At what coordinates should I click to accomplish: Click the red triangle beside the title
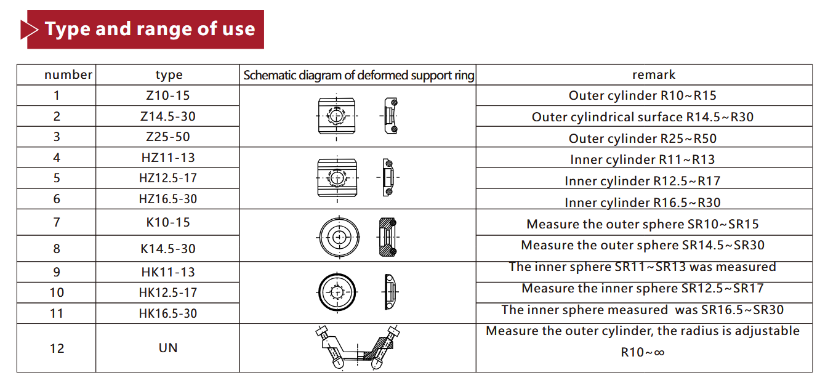[28, 30]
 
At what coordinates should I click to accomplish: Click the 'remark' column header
[654, 75]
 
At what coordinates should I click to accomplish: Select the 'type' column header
[169, 75]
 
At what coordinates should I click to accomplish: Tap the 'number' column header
[68, 75]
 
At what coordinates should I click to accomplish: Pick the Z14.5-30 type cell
[168, 116]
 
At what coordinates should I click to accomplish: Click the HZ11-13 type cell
[168, 158]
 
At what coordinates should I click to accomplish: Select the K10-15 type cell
[168, 222]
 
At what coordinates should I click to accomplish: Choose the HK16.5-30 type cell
[168, 313]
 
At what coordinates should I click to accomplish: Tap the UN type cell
[168, 348]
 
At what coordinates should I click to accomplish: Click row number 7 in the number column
[57, 222]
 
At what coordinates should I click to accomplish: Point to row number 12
[57, 349]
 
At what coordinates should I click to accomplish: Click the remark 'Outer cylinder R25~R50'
[643, 139]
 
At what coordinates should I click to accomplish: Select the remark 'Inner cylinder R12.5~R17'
[643, 181]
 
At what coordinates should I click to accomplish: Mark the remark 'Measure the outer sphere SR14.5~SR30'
[643, 245]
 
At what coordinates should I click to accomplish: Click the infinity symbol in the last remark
[659, 353]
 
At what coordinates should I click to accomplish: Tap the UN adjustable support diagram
[357, 347]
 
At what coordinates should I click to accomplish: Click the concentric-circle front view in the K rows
[339, 237]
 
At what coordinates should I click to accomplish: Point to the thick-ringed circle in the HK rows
[337, 292]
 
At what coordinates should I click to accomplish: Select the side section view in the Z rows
[390, 116]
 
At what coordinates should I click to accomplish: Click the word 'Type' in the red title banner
[67, 30]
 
